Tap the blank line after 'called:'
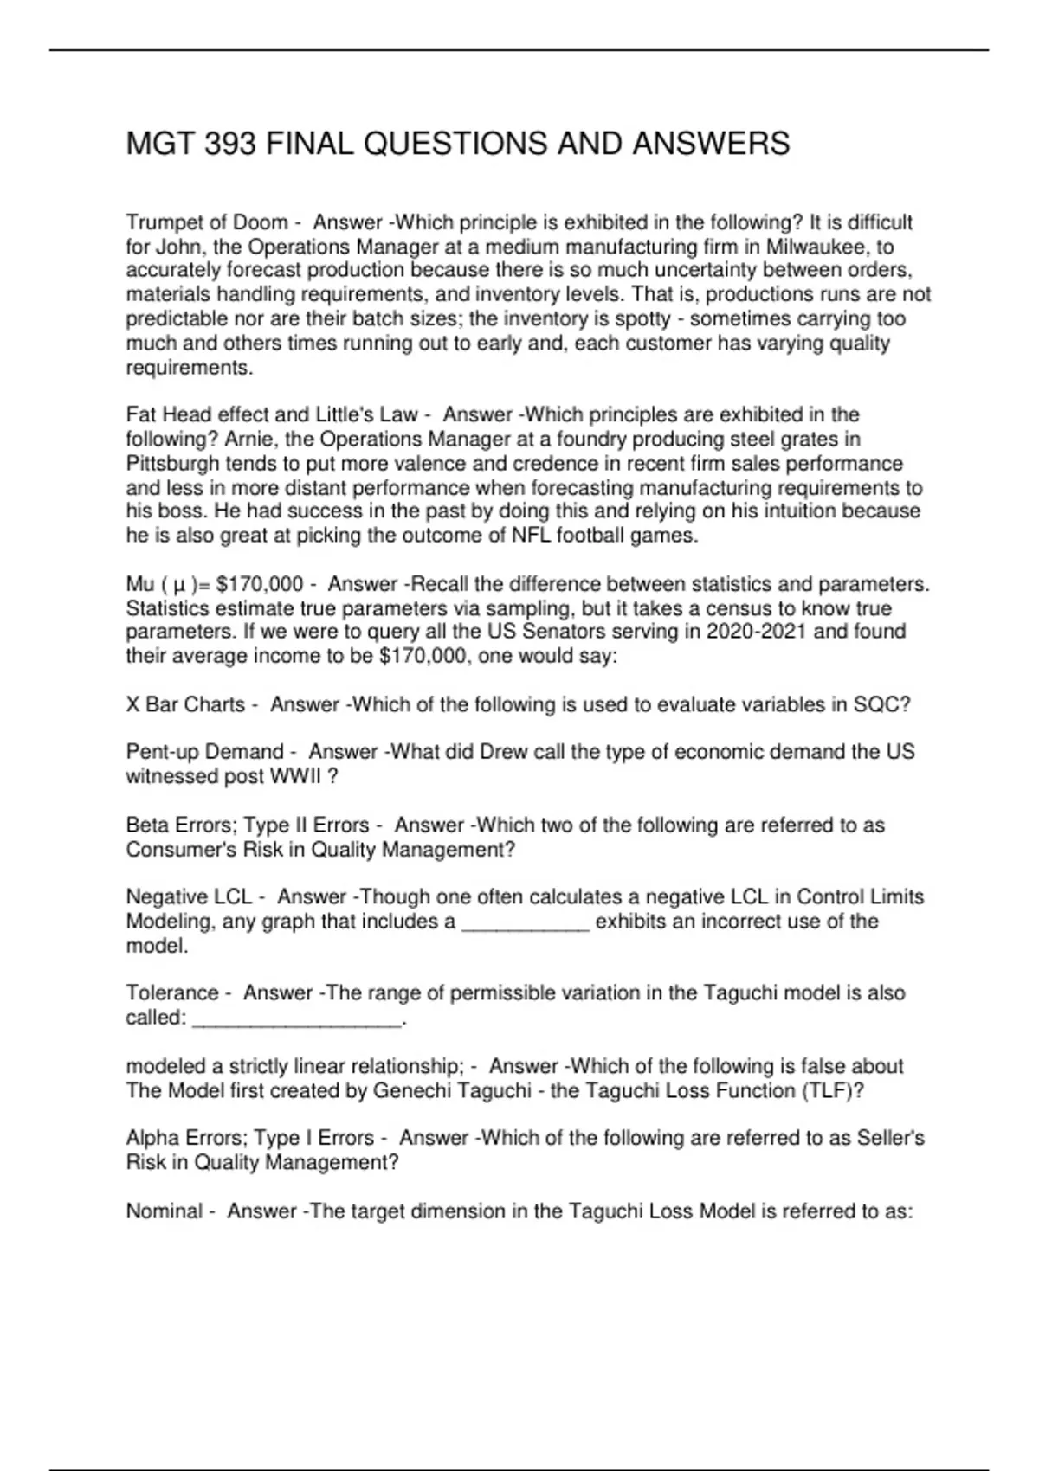pos(296,1019)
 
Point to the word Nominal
pos(164,1211)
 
